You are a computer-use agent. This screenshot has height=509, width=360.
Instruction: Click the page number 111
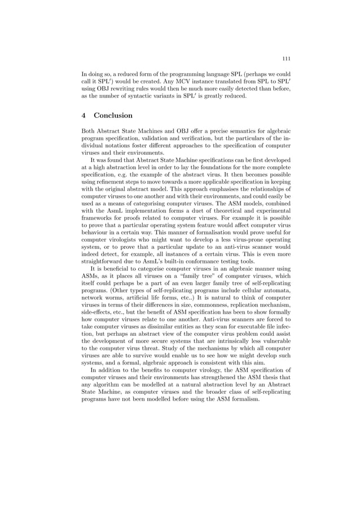(286, 58)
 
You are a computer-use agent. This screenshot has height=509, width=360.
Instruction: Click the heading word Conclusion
(113, 116)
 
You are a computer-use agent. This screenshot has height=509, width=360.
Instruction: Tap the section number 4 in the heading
(84, 116)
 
